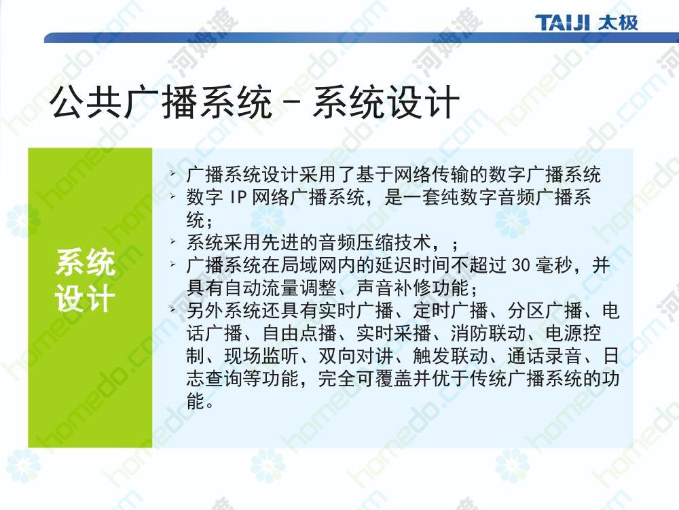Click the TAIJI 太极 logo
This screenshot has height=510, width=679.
pyautogui.click(x=587, y=22)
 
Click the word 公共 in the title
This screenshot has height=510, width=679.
pyautogui.click(x=86, y=103)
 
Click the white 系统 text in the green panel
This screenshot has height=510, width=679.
pyautogui.click(x=86, y=262)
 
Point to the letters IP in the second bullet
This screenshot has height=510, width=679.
pyautogui.click(x=238, y=197)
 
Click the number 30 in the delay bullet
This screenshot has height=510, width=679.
pyautogui.click(x=521, y=265)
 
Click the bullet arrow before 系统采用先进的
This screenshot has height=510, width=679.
pyautogui.click(x=173, y=241)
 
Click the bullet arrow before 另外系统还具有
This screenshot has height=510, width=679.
pyautogui.click(x=173, y=309)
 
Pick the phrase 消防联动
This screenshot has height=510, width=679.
pyautogui.click(x=488, y=333)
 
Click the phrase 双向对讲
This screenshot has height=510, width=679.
pyautogui.click(x=356, y=356)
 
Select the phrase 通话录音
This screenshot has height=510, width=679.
pyautogui.click(x=545, y=356)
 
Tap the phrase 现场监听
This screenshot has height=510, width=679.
pyautogui.click(x=261, y=356)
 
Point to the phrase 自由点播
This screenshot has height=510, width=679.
pyautogui.click(x=299, y=333)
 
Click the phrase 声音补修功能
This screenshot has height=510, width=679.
pyautogui.click(x=413, y=288)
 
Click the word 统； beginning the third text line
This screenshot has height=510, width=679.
pyautogui.click(x=200, y=220)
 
